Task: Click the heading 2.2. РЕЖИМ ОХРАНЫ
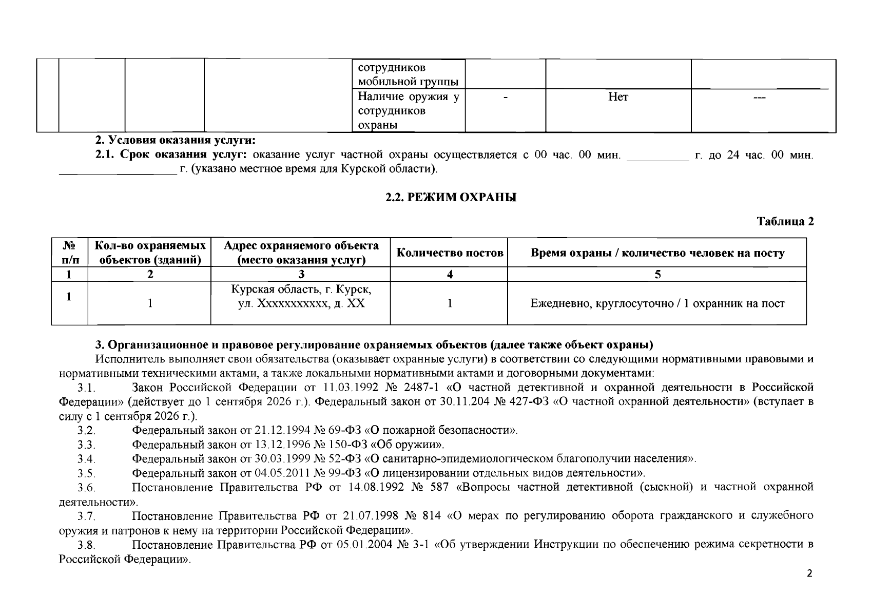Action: pyautogui.click(x=451, y=198)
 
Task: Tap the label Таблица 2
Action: pyautogui.click(x=785, y=221)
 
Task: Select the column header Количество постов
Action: pyautogui.click(x=450, y=253)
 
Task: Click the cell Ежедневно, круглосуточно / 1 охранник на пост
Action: pyautogui.click(x=657, y=303)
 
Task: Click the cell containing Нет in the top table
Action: pyautogui.click(x=618, y=97)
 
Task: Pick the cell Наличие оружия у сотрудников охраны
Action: pyautogui.click(x=408, y=111)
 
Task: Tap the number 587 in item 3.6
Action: pyautogui.click(x=439, y=487)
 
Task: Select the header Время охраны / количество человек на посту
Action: pyautogui.click(x=657, y=253)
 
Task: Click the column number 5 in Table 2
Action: pyautogui.click(x=657, y=274)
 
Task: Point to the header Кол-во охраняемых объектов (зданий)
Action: pyautogui.click(x=149, y=253)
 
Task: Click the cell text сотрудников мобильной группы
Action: pyautogui.click(x=408, y=74)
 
